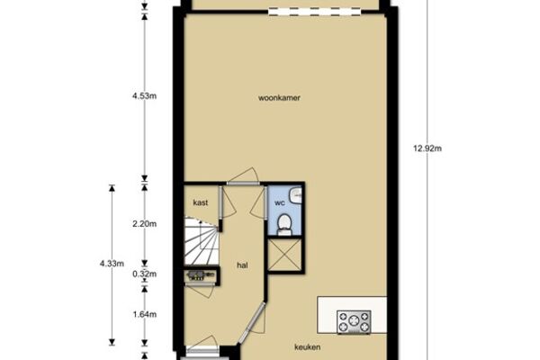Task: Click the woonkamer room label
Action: (279, 98)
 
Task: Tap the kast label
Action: (201, 202)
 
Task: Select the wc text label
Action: (280, 203)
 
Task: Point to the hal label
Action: (242, 265)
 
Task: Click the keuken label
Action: (308, 346)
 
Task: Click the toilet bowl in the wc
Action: (284, 223)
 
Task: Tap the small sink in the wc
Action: (296, 195)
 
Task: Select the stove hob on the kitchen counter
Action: (354, 322)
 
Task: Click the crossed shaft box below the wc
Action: (284, 256)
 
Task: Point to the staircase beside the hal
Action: (202, 241)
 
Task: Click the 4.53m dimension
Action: (144, 95)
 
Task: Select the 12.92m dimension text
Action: (427, 148)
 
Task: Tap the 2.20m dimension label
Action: (144, 224)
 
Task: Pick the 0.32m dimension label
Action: (144, 274)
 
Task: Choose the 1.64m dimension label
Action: (144, 314)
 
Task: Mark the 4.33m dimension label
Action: (112, 264)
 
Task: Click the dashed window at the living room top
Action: (314, 12)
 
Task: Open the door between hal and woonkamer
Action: (243, 176)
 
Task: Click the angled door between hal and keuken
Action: (252, 323)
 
